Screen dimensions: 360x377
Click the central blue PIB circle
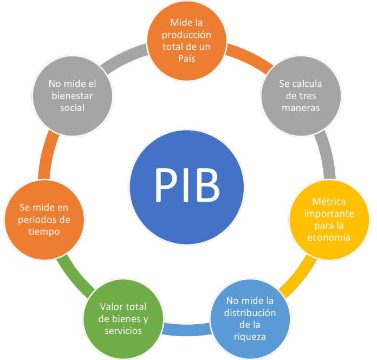[x=187, y=185]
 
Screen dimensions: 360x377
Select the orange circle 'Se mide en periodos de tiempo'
[x=44, y=219]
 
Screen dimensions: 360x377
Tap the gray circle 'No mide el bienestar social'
[x=73, y=95]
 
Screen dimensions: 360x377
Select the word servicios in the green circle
[x=123, y=331]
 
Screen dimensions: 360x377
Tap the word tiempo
[x=44, y=232]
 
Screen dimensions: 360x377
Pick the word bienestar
[x=73, y=96]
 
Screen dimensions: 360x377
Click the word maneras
[x=300, y=107]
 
